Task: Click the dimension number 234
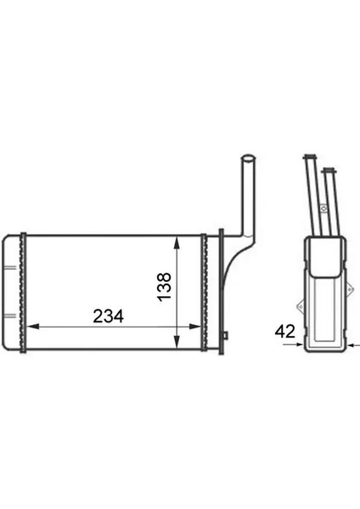[x=108, y=316]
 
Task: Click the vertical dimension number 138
[x=164, y=287]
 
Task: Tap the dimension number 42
[x=285, y=332]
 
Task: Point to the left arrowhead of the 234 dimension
[x=32, y=327]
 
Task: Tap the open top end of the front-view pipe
[x=248, y=159]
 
